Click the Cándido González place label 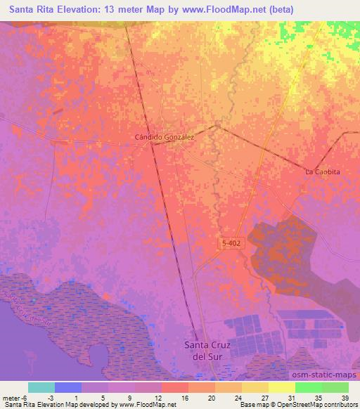[164, 138]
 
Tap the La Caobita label [322, 172]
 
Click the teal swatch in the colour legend [41, 387]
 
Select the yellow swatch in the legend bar [281, 387]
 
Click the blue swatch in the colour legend [68, 387]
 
